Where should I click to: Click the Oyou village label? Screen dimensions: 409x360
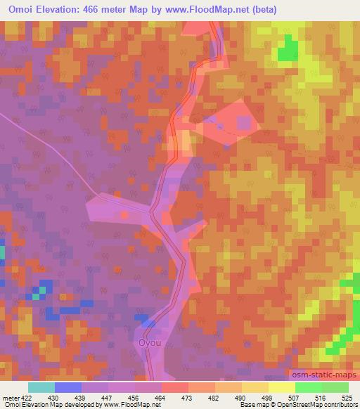[x=149, y=344]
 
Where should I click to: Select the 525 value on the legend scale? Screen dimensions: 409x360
[x=347, y=398]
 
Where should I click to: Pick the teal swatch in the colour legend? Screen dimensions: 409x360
[x=41, y=387]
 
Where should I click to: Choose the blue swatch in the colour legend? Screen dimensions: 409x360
[x=68, y=387]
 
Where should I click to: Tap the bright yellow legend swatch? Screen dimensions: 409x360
[x=281, y=387]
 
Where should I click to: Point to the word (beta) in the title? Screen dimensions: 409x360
[x=259, y=10]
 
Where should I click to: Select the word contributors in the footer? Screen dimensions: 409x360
[x=340, y=405]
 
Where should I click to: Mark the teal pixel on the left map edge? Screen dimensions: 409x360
[x=2, y=252]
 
